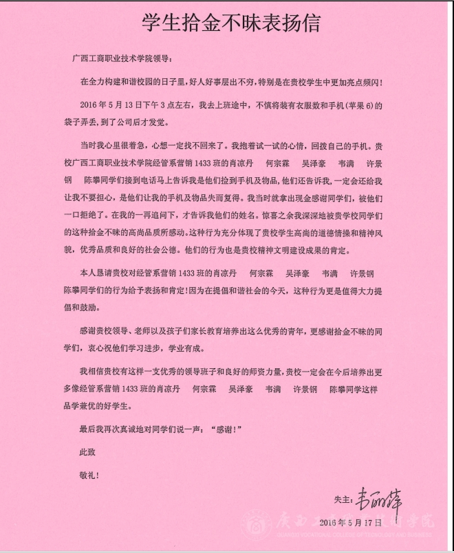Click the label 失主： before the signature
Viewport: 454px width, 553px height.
343,499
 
